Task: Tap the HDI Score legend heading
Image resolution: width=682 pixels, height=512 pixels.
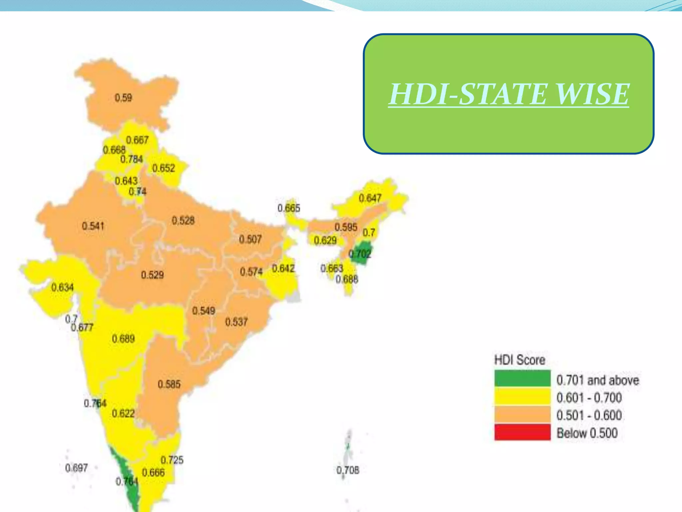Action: pos(519,360)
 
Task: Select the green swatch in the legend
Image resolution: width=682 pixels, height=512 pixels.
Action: pos(522,379)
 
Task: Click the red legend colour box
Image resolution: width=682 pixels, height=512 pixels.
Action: pos(522,432)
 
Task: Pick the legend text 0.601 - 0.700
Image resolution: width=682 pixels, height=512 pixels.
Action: pos(589,398)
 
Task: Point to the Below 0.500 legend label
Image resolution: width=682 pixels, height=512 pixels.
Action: pos(587,433)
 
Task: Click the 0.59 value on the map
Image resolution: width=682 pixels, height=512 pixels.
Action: pos(123,98)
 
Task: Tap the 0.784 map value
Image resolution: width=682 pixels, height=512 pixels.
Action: pos(132,159)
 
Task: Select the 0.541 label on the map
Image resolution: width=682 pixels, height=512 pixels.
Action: pos(93,226)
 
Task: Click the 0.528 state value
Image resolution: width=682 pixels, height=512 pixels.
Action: pos(183,220)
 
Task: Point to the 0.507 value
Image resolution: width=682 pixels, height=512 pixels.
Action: pos(250,239)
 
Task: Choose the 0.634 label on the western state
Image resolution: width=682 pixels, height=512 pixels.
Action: pos(62,287)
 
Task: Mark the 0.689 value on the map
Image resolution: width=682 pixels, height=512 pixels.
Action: pos(123,339)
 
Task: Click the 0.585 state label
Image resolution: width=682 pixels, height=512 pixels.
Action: pos(169,384)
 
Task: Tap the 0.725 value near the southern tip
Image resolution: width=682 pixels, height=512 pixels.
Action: pos(172,460)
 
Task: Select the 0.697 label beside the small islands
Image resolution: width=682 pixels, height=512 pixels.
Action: pos(76,468)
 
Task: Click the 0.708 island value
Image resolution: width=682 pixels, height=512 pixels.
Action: pos(348,470)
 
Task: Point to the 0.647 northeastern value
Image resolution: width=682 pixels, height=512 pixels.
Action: pos(370,198)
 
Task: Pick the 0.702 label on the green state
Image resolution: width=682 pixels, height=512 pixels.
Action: pos(360,254)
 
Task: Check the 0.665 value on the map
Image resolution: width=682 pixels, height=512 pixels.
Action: pos(289,208)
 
